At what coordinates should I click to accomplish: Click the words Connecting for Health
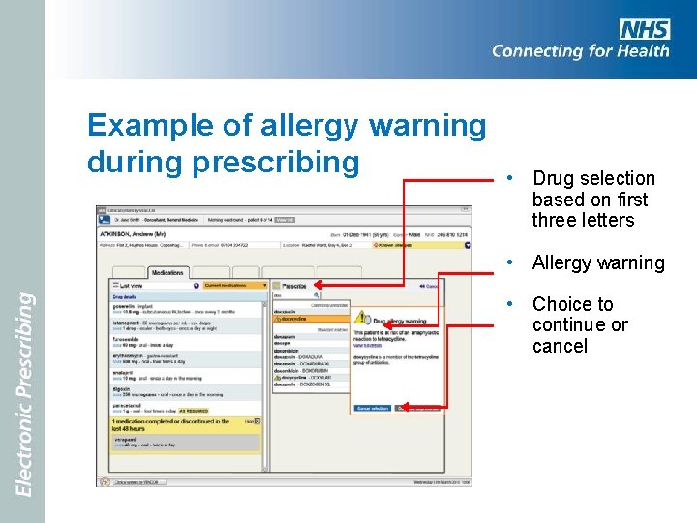pos(580,51)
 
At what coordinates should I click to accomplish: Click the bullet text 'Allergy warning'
pos(597,262)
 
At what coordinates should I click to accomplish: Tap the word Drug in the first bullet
pos(553,178)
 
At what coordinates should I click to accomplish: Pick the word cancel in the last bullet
pos(560,346)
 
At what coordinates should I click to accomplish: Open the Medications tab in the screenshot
pos(167,273)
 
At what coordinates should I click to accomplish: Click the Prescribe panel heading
pos(294,286)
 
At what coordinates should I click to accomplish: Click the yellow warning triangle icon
pos(362,318)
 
